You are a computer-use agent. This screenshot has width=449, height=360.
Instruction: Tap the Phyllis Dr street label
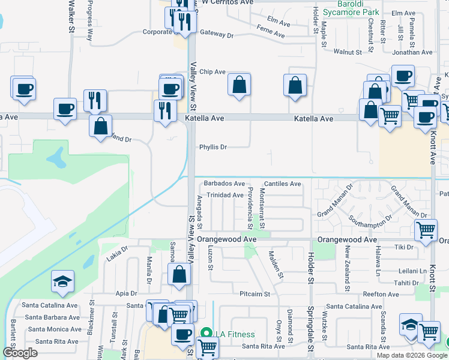[x=213, y=147]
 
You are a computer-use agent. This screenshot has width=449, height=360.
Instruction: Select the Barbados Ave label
[x=224, y=184]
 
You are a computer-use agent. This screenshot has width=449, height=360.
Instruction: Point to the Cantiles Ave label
[x=282, y=184]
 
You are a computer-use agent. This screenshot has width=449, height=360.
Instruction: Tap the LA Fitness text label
[x=236, y=334]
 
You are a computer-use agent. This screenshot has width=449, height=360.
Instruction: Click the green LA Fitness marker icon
[x=206, y=333]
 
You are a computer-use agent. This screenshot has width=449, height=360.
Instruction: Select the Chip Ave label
[x=212, y=72]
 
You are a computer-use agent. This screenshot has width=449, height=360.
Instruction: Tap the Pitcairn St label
[x=255, y=295]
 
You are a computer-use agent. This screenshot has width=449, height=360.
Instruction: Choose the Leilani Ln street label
[x=414, y=271]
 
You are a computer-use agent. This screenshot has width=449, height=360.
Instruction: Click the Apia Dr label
[x=126, y=294]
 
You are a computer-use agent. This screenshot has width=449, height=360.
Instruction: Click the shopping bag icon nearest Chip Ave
[x=239, y=85]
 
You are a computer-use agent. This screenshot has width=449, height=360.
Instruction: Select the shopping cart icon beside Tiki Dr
[x=426, y=229]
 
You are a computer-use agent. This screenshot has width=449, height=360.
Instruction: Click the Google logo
[x=20, y=353]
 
